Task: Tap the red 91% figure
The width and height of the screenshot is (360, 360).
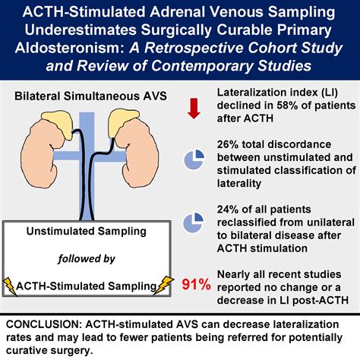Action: click(195, 285)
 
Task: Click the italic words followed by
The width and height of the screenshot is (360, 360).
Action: click(87, 260)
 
